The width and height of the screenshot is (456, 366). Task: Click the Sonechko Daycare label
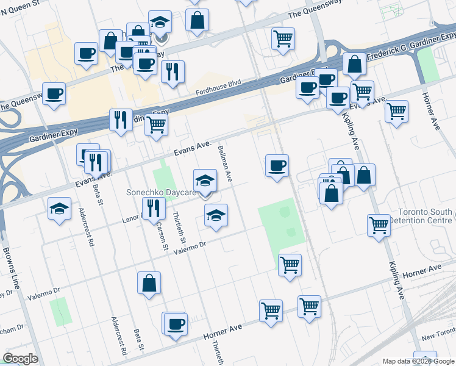[160, 192]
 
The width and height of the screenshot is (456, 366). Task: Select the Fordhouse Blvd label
[218, 88]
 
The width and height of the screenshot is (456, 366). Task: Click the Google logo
[20, 359]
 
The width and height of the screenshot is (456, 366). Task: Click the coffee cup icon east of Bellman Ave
[277, 165]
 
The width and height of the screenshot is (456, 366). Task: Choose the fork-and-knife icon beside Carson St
[153, 208]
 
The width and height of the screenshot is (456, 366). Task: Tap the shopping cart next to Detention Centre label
[379, 225]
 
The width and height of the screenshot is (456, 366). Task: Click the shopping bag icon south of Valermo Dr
[149, 283]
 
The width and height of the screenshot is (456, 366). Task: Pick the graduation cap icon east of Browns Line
[60, 209]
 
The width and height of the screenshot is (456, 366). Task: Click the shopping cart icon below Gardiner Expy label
[157, 124]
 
